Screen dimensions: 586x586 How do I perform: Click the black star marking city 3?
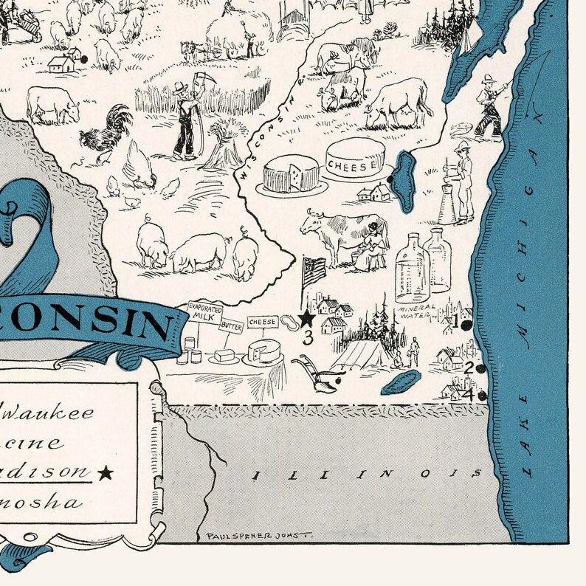point(306,319)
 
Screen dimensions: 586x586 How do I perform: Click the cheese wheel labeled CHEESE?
point(356,159)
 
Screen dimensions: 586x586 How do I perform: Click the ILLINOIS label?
point(366,473)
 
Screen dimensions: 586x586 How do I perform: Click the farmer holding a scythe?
point(185,118)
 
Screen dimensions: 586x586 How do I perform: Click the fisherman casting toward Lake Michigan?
point(490,107)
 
